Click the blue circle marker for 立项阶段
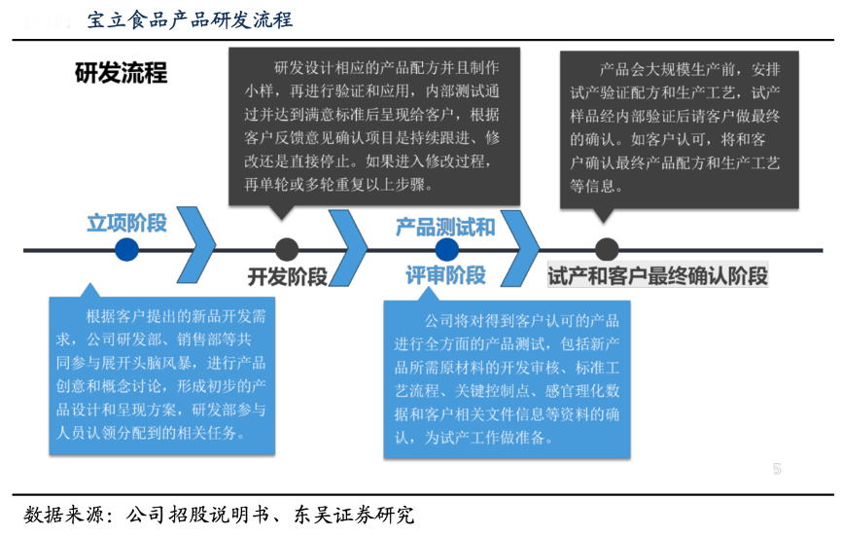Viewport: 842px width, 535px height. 126,250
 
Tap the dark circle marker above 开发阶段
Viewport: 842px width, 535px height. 286,250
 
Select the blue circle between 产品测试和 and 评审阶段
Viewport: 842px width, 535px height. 447,250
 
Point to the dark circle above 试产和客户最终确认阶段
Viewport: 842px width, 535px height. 607,250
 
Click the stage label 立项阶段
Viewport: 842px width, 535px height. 126,223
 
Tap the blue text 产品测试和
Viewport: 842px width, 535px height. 444,228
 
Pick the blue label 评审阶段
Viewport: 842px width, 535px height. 445,275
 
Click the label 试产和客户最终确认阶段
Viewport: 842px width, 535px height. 657,275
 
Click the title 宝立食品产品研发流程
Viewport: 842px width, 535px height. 189,19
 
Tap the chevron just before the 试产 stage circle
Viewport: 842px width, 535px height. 518,248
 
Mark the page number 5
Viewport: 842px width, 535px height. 777,469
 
